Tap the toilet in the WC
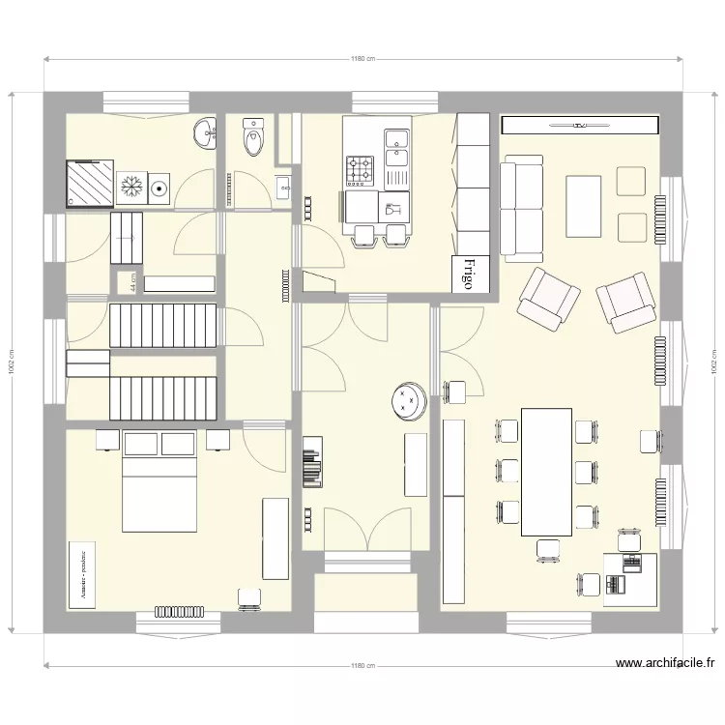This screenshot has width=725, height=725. click(x=253, y=139)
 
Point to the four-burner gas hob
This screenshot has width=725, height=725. click(x=361, y=172)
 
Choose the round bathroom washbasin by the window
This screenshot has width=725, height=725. click(x=205, y=134)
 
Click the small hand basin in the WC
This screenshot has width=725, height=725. click(x=283, y=186)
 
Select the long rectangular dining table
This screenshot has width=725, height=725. click(x=546, y=472)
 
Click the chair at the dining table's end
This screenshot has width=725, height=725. click(x=548, y=549)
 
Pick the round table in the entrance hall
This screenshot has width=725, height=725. click(x=409, y=401)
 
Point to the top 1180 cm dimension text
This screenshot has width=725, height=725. click(x=362, y=59)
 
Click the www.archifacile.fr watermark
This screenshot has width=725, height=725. click(x=665, y=664)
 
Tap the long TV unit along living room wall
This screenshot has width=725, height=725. click(x=580, y=126)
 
